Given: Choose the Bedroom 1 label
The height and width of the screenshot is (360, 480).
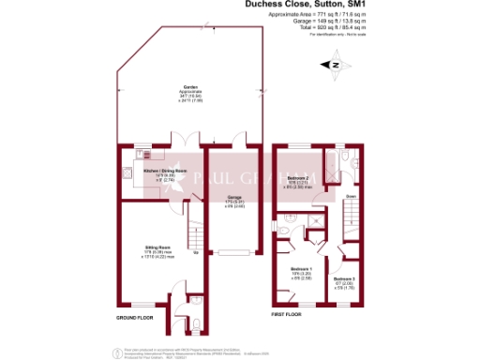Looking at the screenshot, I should tap(299, 269).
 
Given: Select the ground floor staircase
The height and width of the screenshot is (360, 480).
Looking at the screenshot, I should tap(194, 230).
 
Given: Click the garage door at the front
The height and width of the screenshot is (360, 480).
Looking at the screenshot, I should tap(232, 250).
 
